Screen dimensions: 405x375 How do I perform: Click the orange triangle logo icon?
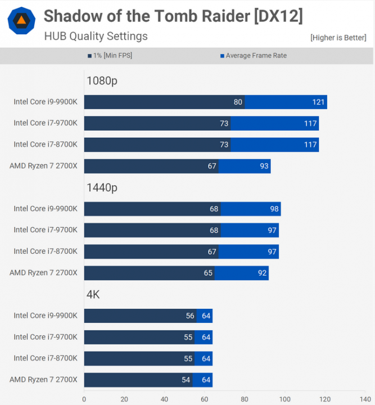click(21, 21)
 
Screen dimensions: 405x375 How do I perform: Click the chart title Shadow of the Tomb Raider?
click(173, 16)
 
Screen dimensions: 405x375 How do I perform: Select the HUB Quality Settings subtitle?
click(96, 37)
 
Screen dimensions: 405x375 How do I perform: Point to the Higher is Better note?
click(339, 38)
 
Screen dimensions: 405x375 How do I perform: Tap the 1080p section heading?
click(102, 80)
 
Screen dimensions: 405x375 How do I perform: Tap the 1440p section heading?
click(102, 187)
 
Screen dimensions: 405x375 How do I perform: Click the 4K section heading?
click(93, 294)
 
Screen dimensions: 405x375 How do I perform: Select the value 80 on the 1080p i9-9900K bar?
click(238, 102)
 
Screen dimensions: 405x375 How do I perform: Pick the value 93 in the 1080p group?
click(264, 166)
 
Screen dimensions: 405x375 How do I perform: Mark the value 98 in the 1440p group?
click(273, 209)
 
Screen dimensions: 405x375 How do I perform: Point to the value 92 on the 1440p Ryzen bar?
click(261, 273)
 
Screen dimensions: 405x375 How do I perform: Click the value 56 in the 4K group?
click(189, 316)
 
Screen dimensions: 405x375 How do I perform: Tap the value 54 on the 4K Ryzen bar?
click(186, 380)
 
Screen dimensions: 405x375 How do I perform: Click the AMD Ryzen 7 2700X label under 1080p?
click(43, 166)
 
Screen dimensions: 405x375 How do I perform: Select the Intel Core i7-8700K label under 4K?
click(46, 358)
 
